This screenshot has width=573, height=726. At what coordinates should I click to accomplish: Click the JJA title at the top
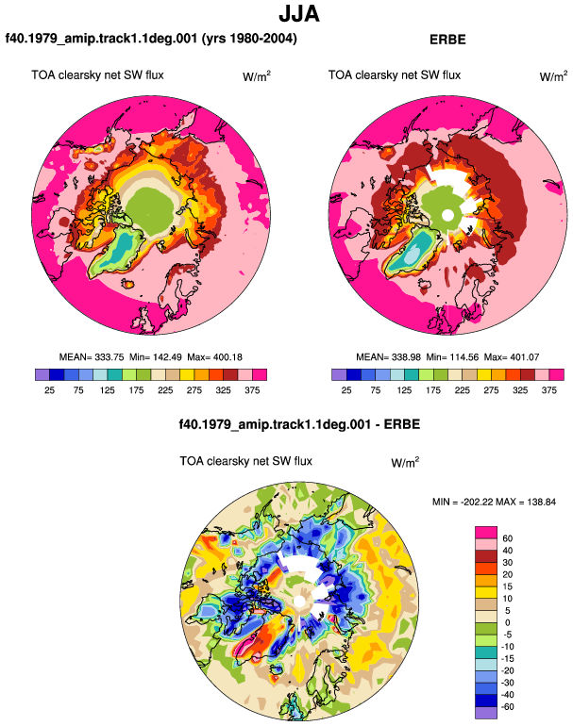click(x=299, y=14)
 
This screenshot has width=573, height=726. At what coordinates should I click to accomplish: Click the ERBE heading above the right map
click(x=447, y=40)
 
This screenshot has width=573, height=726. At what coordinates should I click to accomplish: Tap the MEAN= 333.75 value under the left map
click(x=92, y=357)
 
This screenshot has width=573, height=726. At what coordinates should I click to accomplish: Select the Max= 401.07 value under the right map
click(x=512, y=357)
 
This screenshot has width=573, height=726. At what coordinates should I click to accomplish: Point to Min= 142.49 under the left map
click(x=156, y=357)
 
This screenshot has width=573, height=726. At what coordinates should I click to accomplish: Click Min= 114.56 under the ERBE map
click(x=452, y=357)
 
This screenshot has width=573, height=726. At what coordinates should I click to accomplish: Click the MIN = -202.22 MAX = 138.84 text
click(x=494, y=502)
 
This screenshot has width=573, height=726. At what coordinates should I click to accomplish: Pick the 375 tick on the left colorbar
click(x=252, y=390)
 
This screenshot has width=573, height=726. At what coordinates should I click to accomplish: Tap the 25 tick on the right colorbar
click(x=346, y=390)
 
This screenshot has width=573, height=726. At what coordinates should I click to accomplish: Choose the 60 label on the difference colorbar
click(x=507, y=538)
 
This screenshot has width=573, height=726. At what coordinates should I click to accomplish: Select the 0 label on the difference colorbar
click(x=507, y=622)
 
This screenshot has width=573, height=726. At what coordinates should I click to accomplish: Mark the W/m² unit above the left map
click(x=257, y=76)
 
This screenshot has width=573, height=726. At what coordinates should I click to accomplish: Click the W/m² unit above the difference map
click(x=405, y=462)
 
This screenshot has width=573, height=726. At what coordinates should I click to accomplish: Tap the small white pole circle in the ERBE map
click(x=447, y=215)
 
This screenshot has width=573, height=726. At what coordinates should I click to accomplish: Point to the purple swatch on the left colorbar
click(x=42, y=374)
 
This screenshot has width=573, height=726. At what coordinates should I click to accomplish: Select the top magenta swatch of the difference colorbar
click(x=486, y=533)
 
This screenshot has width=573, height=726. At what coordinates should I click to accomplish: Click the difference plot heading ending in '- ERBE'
click(x=299, y=424)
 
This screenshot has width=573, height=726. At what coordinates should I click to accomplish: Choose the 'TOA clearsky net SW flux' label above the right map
click(x=395, y=75)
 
